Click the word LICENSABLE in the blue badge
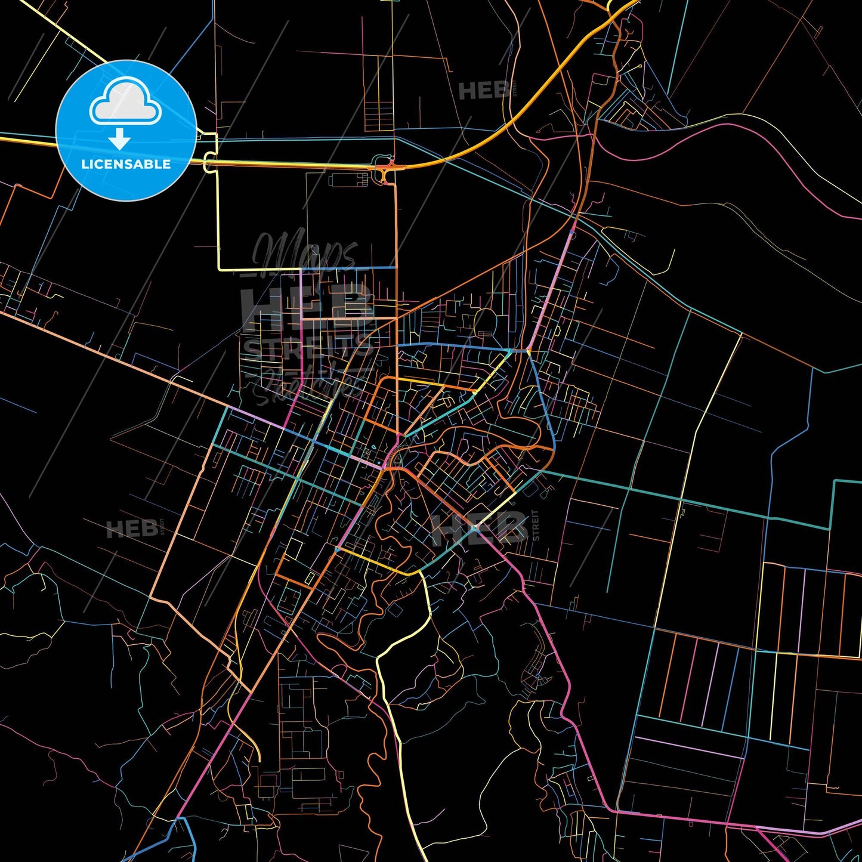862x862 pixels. [126, 164]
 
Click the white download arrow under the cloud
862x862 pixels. [120, 140]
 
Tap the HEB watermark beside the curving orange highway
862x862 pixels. [484, 91]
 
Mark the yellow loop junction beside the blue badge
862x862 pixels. [209, 160]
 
